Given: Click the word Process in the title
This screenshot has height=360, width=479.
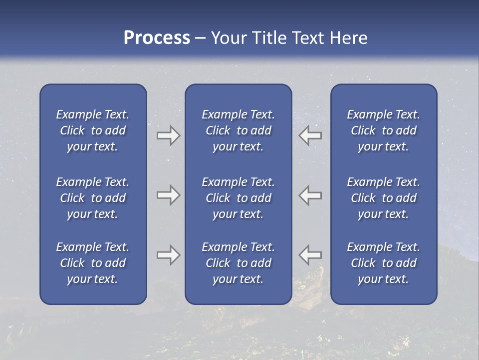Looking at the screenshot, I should (x=157, y=38).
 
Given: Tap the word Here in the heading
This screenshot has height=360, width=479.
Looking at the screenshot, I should (x=348, y=38).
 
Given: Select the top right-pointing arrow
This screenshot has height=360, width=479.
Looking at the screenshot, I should (x=168, y=135).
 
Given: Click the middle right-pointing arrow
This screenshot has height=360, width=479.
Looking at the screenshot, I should (x=168, y=195).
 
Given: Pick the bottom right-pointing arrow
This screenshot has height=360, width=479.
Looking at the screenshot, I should (x=168, y=255).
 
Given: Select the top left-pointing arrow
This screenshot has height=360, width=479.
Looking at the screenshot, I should (x=310, y=135).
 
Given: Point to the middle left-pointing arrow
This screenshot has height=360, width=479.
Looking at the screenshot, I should (x=310, y=195).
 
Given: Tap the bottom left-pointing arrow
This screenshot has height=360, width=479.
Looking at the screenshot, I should (x=310, y=255).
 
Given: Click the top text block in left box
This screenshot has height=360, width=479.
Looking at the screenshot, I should (x=93, y=130).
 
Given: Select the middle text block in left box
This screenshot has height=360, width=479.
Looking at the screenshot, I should (x=93, y=198).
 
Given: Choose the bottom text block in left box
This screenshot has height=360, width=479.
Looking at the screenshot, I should (x=93, y=263).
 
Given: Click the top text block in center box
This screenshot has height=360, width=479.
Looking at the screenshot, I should (x=239, y=130).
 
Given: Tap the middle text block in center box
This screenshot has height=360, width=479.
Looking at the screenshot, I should (x=239, y=198).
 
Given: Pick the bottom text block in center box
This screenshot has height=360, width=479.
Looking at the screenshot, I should (x=239, y=263).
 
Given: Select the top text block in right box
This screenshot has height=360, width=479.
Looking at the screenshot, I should (x=384, y=130).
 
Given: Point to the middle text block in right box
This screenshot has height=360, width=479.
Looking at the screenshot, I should (x=384, y=198).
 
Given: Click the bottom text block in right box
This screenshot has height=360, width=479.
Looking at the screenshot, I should (x=384, y=263).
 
